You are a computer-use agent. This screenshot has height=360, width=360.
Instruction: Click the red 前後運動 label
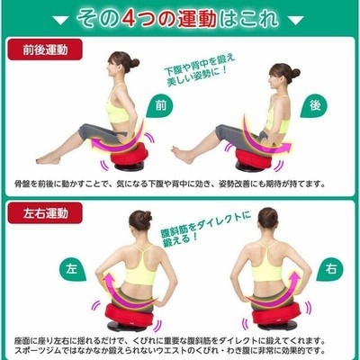pos(45,49)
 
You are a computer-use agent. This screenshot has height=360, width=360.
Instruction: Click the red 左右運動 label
pos(45,212)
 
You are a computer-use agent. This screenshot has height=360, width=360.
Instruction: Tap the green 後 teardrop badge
pos(314,105)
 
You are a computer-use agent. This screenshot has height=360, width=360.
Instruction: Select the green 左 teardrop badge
pos(72,269)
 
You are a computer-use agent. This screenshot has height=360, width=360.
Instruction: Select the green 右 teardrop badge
pos(330,268)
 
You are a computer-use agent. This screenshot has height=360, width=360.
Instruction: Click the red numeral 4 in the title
pos(130,19)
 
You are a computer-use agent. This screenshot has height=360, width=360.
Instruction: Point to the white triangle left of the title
pos(60,21)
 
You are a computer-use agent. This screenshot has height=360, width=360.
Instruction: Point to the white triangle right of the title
pos(296,21)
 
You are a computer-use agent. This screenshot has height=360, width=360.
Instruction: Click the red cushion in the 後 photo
pos(254,158)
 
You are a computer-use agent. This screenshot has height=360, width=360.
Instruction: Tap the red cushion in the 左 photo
pos(130,314)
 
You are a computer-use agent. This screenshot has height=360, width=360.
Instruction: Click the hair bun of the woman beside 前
pos(134,63)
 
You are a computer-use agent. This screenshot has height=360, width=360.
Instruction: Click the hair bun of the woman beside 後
pos(295,74)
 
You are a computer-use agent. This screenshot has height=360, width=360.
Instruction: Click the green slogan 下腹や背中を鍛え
pos(199,65)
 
